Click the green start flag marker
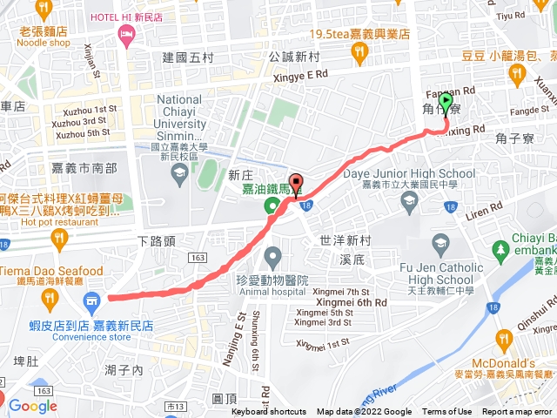point(446,104)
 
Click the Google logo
point(33,405)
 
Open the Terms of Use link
point(446,412)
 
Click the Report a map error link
point(517,412)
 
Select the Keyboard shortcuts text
point(269,412)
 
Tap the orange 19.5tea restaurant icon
point(359,54)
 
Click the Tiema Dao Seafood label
point(51,271)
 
